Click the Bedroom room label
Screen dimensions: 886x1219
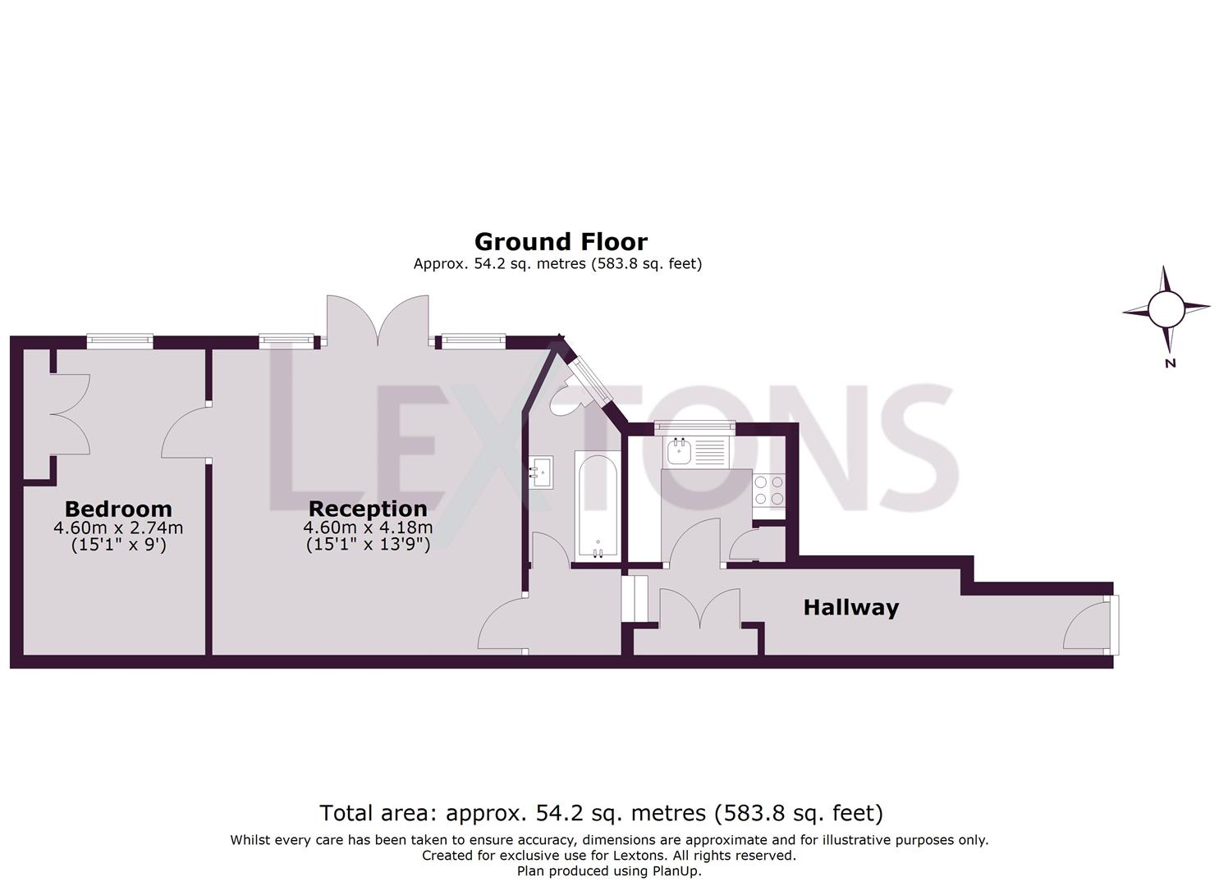pos(118,509)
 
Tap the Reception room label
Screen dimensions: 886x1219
pos(368,509)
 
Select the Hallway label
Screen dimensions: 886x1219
pos(850,608)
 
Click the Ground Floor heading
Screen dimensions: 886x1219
pos(561,242)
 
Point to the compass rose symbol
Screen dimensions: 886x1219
pos(1165,309)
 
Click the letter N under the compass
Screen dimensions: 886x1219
pos(1171,363)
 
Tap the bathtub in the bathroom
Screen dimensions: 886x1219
pos(598,505)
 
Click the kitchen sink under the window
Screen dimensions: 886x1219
pos(681,450)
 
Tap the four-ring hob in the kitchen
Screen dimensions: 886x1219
pos(769,491)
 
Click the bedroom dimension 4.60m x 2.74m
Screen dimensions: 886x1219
pos(118,527)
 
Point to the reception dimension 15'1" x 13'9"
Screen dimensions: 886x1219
pos(368,544)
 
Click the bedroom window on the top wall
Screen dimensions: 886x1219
pos(121,339)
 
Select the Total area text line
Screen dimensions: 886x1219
pos(601,813)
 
